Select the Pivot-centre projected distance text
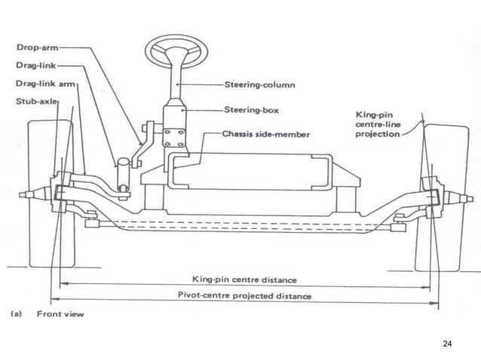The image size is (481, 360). [x=240, y=296]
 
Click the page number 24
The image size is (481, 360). [x=447, y=343]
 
